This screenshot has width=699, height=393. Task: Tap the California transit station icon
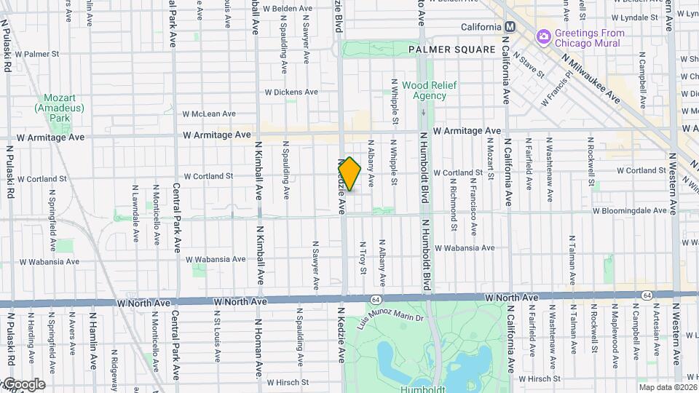click(x=510, y=27)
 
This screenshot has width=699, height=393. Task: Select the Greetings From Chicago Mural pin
click(x=543, y=37)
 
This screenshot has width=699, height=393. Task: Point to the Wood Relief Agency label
click(x=429, y=90)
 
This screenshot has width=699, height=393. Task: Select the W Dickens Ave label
click(x=291, y=92)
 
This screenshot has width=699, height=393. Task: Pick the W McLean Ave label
click(x=209, y=114)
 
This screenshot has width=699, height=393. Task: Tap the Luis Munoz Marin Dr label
click(x=390, y=317)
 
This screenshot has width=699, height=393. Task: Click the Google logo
click(x=23, y=384)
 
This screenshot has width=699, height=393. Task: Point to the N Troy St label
click(x=363, y=259)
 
